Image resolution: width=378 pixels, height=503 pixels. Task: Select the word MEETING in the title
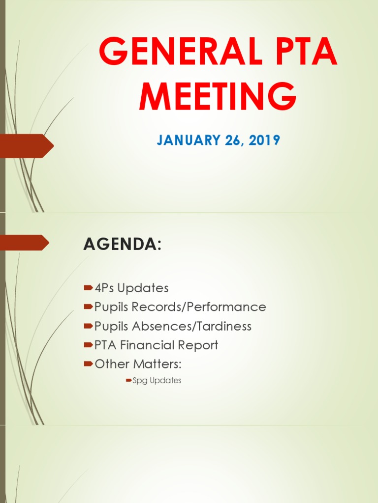click(218, 97)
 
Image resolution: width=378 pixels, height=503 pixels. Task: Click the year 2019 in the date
click(264, 140)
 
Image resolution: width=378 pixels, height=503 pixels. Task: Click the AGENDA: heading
click(123, 244)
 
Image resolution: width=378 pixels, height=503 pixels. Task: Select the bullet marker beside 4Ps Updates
click(89, 287)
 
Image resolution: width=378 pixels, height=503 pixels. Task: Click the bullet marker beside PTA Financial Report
click(89, 345)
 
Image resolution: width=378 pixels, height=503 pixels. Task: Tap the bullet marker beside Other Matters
click(89, 364)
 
